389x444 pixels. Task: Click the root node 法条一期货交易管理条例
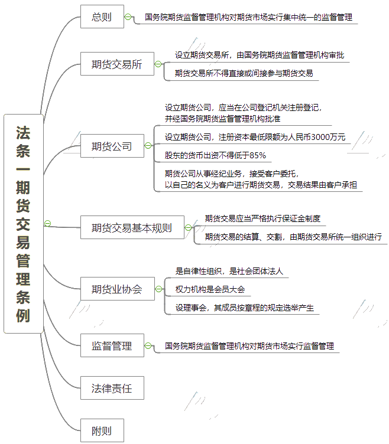pyautogui.click(x=24, y=223)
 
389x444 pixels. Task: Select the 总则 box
pyautogui.click(x=102, y=17)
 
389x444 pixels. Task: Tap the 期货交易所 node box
pyautogui.click(x=117, y=64)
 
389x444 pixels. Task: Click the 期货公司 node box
pyautogui.click(x=112, y=146)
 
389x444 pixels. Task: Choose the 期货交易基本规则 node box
pyautogui.click(x=132, y=227)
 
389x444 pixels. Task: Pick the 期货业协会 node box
pyautogui.click(x=118, y=289)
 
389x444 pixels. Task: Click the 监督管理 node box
pyautogui.click(x=112, y=345)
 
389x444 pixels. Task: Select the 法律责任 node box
pyautogui.click(x=112, y=388)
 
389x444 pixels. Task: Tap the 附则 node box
pyautogui.click(x=102, y=430)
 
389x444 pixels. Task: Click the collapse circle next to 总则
pyautogui.click(x=128, y=17)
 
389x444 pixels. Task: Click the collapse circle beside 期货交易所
pyautogui.click(x=158, y=64)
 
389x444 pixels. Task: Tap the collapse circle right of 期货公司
pyautogui.click(x=148, y=146)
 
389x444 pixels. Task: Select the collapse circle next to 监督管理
pyautogui.click(x=148, y=345)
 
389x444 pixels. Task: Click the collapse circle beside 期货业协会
pyautogui.click(x=159, y=289)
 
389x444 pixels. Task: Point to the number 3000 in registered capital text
pyautogui.click(x=320, y=137)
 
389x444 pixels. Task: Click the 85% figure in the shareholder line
pyautogui.click(x=258, y=155)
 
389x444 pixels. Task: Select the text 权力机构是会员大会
pyautogui.click(x=210, y=289)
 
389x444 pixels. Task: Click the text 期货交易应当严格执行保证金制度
pyautogui.click(x=262, y=218)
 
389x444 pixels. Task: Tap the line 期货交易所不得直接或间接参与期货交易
pyautogui.click(x=244, y=73)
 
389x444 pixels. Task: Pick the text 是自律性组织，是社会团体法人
pyautogui.click(x=229, y=271)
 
